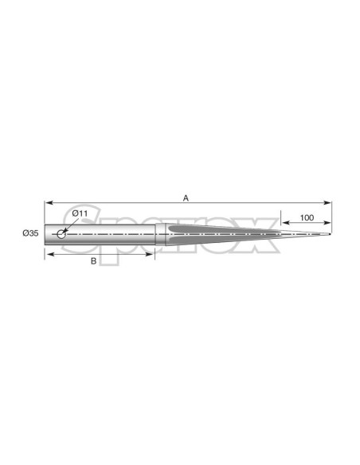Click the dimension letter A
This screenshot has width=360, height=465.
(186, 198)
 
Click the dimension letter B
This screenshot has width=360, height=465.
(93, 261)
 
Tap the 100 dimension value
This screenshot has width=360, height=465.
(307, 217)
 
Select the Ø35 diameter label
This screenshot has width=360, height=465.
(30, 233)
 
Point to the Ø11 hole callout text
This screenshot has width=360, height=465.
(80, 213)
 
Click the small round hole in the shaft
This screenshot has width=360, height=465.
(61, 234)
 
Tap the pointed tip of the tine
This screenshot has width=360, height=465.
(330, 234)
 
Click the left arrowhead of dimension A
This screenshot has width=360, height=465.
(49, 203)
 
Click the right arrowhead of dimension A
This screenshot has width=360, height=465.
(327, 203)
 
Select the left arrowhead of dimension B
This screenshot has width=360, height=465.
(49, 254)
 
